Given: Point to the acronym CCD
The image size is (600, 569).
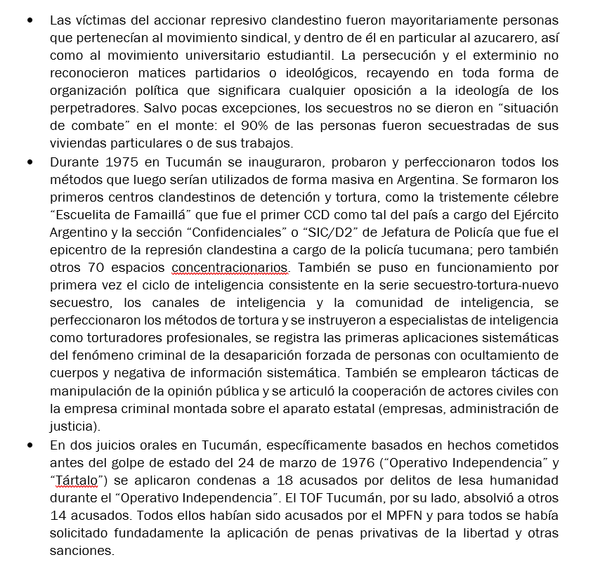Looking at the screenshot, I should [x=321, y=216].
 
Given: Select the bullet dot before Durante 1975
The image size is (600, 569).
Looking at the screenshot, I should [x=30, y=162].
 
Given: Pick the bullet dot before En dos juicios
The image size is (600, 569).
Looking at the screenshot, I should [x=30, y=445].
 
